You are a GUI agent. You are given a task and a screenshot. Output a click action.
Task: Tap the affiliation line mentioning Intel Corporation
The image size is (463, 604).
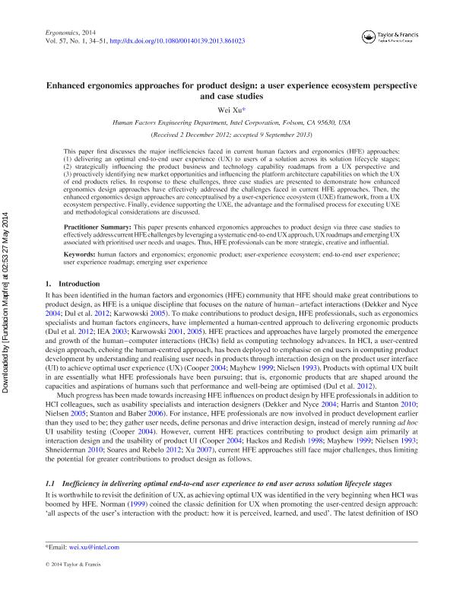[231, 121]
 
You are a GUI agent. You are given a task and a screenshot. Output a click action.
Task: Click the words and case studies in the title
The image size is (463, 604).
[231, 97]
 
